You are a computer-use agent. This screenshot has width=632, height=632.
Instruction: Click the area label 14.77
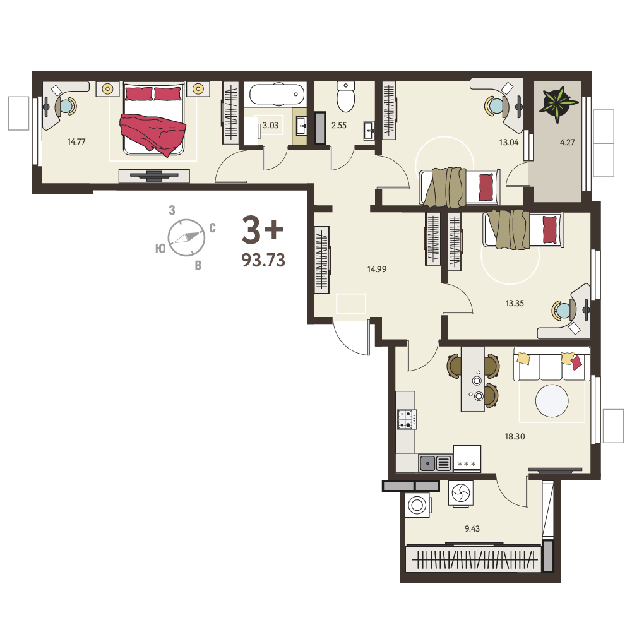pos(76,141)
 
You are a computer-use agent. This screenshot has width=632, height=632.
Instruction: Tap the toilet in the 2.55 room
pos(345,97)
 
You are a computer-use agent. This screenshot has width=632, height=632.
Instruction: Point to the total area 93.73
pos(263,260)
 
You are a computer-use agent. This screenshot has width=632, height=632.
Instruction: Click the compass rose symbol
pos(186,238)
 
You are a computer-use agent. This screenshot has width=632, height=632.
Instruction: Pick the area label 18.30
pos(515,436)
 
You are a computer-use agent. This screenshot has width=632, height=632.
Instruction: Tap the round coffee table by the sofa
pos(552,401)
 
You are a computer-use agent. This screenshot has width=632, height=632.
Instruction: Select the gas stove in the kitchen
pos(407,419)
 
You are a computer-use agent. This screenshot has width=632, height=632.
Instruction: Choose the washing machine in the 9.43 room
pos(417,504)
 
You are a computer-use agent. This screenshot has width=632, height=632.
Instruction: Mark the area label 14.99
pos(377,269)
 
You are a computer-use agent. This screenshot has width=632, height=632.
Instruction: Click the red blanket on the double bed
pos(153,134)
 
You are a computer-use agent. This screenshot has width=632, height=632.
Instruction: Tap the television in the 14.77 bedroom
pos(153,176)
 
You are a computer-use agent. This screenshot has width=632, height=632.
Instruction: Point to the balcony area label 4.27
pos(567,142)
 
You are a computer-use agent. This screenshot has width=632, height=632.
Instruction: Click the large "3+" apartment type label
pos(263,230)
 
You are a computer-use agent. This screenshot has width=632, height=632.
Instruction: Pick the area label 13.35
pos(515,303)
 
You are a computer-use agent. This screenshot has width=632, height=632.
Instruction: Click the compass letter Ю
pos(160,249)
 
